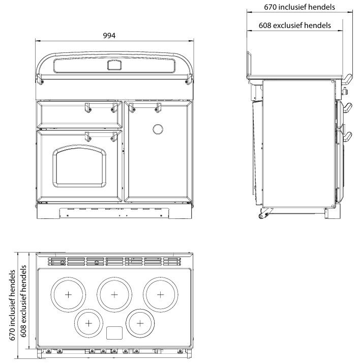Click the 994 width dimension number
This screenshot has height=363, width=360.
click(x=109, y=36)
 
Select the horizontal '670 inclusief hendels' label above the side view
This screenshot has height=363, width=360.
click(x=299, y=7)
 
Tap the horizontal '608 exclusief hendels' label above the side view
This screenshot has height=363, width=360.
click(x=294, y=25)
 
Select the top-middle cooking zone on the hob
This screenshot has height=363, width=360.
click(x=114, y=294)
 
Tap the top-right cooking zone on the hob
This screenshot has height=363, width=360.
click(x=160, y=294)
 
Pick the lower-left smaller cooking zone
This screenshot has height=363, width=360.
click(x=89, y=323)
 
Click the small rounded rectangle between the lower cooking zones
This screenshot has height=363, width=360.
click(x=114, y=332)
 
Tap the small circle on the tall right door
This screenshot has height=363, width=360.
click(x=158, y=129)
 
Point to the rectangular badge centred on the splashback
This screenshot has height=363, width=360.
click(x=114, y=65)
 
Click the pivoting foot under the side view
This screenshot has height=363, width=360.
click(x=263, y=214)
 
